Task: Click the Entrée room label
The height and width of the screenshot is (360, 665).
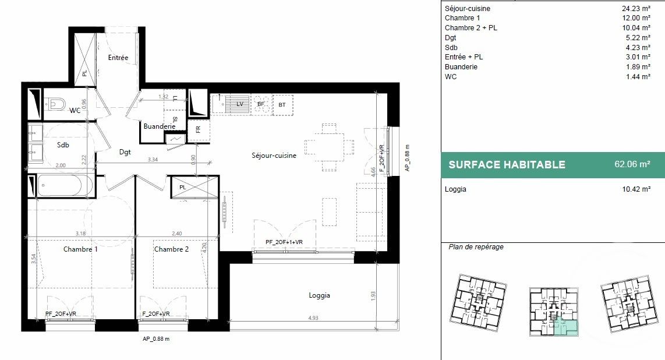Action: [x=118, y=58]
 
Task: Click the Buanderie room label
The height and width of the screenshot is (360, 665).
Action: [x=160, y=126]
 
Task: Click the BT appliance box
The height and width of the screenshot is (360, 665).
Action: [x=282, y=105]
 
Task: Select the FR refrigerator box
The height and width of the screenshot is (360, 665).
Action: [x=198, y=129]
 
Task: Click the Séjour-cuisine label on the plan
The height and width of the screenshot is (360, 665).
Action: [x=274, y=156]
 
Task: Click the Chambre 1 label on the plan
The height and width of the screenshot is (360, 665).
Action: [x=80, y=249]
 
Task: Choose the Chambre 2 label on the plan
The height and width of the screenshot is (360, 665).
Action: [x=171, y=249]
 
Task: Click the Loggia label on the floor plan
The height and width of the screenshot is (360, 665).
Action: [x=319, y=295]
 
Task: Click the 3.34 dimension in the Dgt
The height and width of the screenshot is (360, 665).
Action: [x=153, y=159]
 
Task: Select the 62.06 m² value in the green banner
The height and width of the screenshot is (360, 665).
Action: [x=632, y=164]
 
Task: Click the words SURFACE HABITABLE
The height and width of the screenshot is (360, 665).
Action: [x=507, y=165]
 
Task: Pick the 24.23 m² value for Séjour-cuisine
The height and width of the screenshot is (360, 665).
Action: [x=636, y=9]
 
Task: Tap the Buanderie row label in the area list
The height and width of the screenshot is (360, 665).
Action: [x=461, y=67]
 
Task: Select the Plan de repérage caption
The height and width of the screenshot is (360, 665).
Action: [x=476, y=247]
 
